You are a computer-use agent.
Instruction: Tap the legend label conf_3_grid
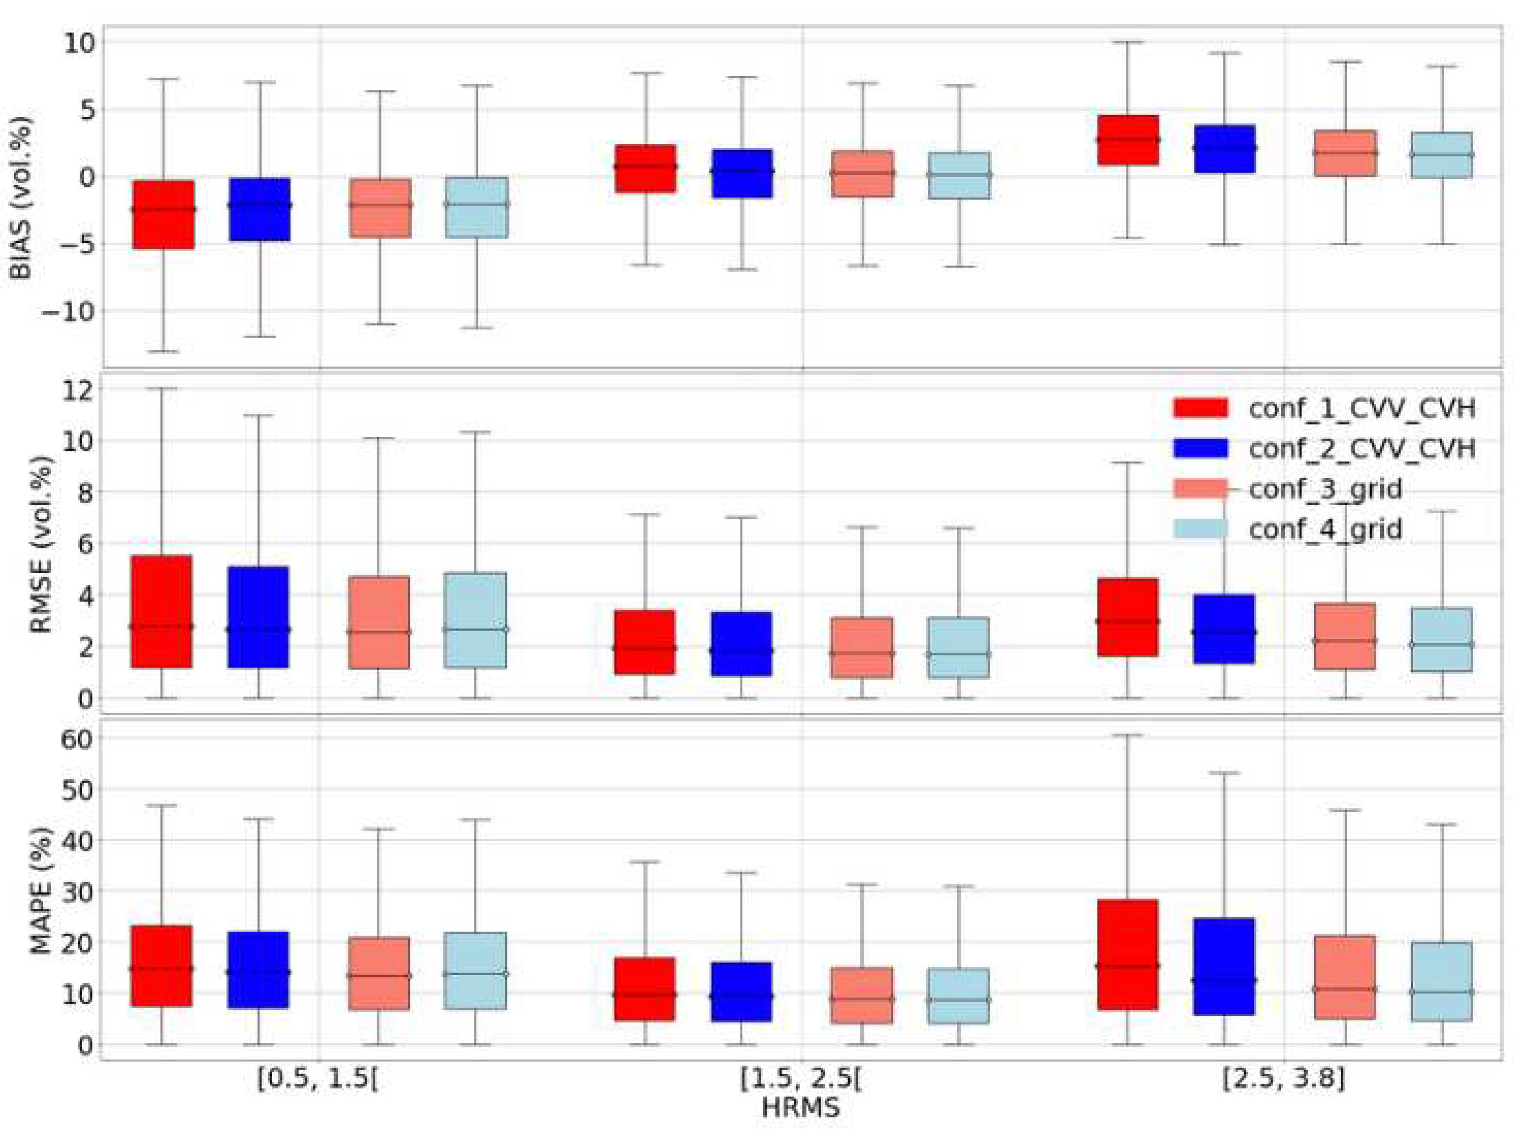pyautogui.click(x=1325, y=489)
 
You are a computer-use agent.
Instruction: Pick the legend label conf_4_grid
pyautogui.click(x=1325, y=529)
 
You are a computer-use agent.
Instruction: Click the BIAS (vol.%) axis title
pyautogui.click(x=22, y=198)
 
